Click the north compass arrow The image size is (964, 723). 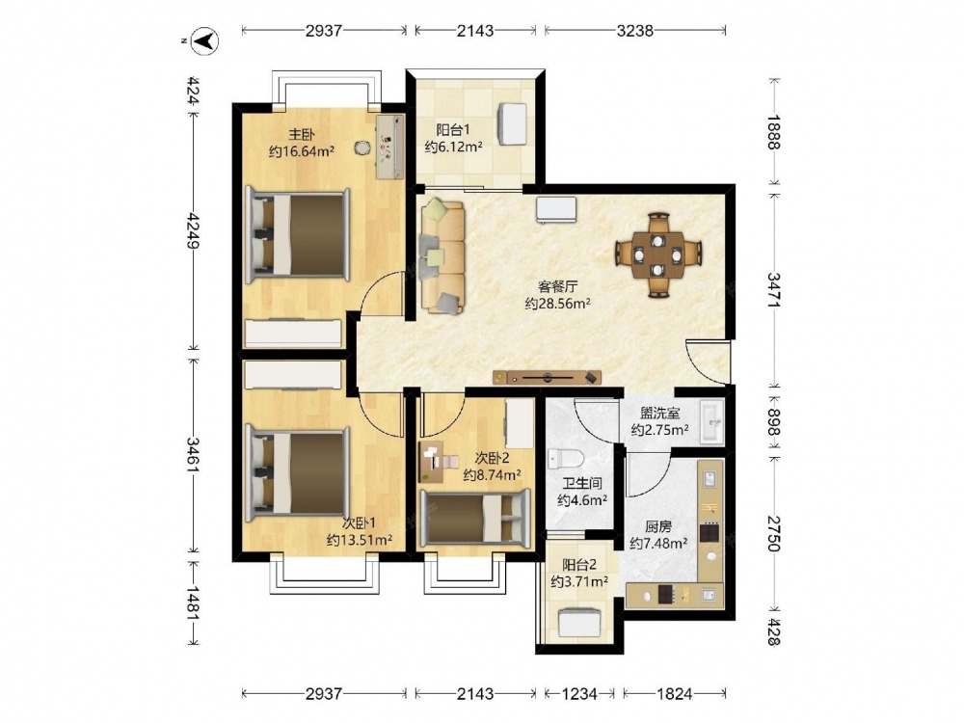click(x=205, y=41)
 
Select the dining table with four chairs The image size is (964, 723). click(x=658, y=254)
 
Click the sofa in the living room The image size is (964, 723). click(x=442, y=255)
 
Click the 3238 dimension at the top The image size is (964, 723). click(x=634, y=30)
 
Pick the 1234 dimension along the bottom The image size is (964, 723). click(x=579, y=694)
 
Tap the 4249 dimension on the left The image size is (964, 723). click(x=193, y=230)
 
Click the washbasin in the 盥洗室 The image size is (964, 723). click(x=711, y=422)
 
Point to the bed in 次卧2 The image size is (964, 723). click(x=474, y=518)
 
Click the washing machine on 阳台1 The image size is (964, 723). click(x=512, y=123)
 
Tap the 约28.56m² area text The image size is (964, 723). click(x=557, y=304)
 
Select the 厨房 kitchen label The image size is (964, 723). click(x=657, y=527)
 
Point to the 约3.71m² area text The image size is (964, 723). click(x=579, y=581)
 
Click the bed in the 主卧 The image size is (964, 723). click(x=298, y=235)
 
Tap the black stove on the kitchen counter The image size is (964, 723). click(x=710, y=532)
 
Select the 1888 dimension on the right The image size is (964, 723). click(x=773, y=132)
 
